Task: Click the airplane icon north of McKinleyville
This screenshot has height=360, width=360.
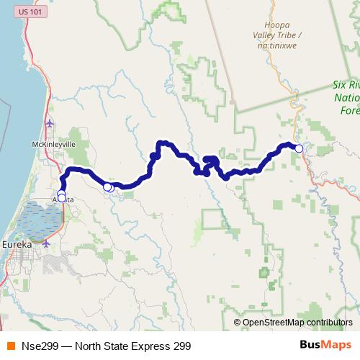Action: tap(49, 123)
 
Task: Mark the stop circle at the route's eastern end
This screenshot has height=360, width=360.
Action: tap(299, 148)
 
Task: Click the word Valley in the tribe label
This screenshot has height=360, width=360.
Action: tap(269, 34)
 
